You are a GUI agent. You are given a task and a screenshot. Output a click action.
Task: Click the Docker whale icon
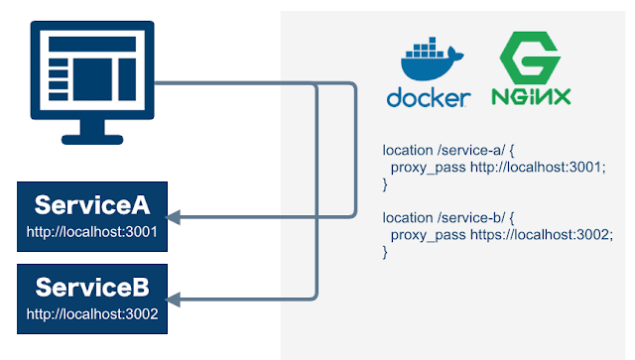pos(428,61)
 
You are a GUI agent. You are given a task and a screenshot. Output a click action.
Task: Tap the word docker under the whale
pos(429,98)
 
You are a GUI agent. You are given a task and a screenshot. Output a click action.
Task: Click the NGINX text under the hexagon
pos(531,98)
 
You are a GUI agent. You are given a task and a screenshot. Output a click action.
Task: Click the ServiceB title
pos(92,288)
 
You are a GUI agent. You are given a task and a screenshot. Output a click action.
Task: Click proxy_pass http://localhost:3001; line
pos(497,168)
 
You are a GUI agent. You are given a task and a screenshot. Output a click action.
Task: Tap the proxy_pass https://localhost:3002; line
pos(501,235)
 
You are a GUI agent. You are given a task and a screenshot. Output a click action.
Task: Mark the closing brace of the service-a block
pos(385,184)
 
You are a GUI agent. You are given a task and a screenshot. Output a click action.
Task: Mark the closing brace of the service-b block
pos(385,252)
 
